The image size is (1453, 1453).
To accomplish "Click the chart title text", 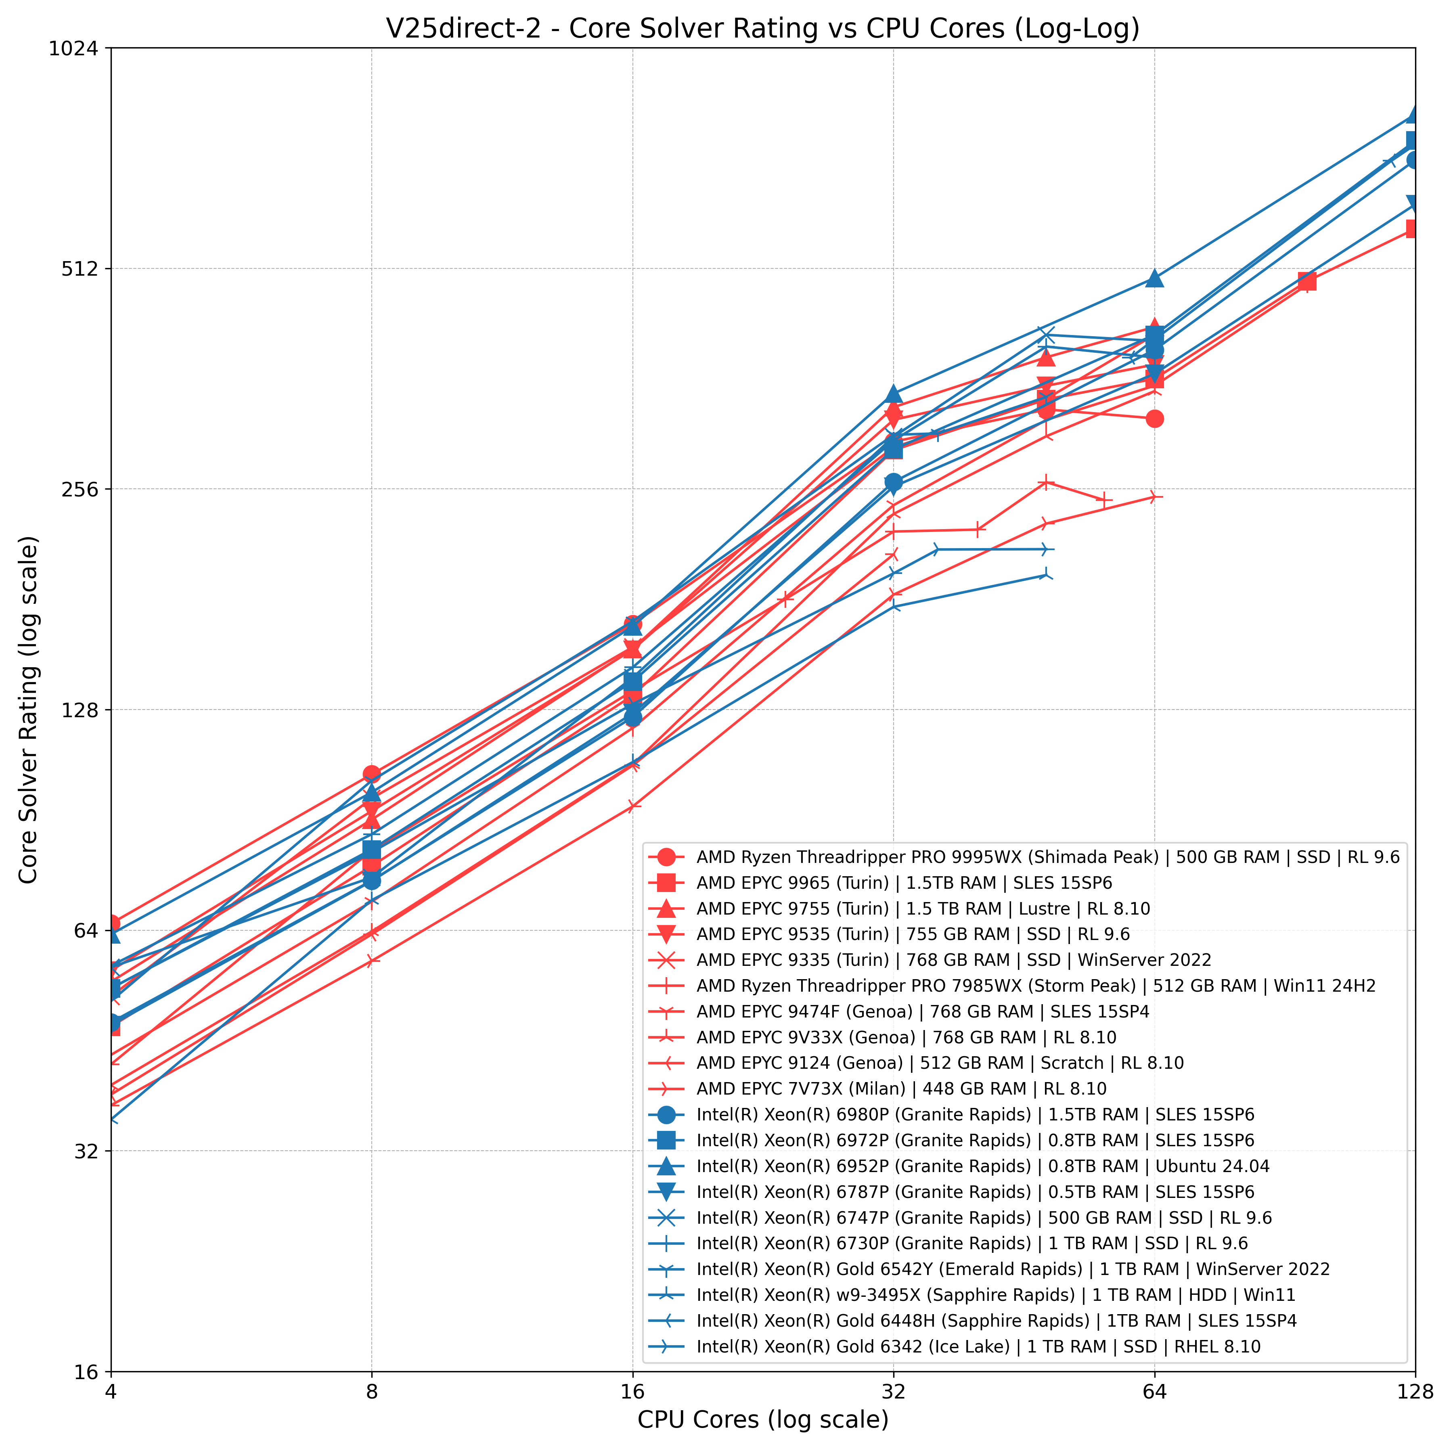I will click(762, 29).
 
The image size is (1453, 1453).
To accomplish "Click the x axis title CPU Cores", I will click(762, 1420).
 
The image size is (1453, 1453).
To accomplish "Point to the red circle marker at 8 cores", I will click(371, 774).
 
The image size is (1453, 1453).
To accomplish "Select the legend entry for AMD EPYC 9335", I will click(954, 961).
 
